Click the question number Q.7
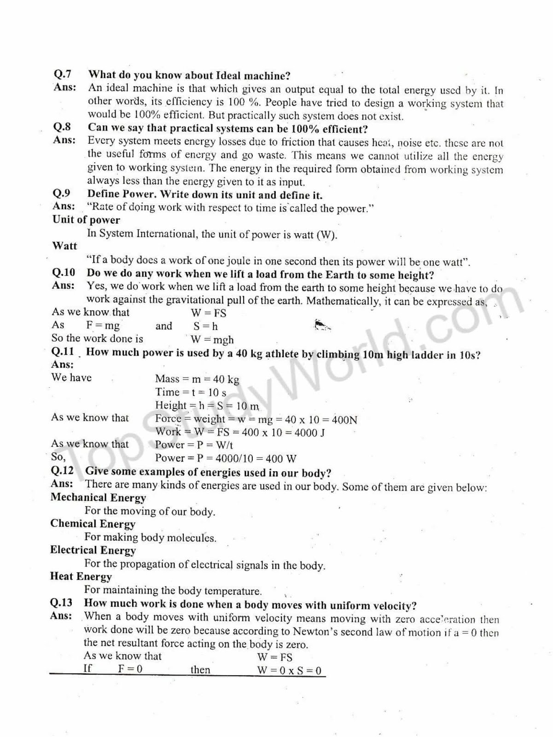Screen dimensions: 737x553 [x=63, y=74]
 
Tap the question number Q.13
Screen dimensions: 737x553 [x=61, y=602]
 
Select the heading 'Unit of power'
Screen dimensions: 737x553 [x=86, y=220]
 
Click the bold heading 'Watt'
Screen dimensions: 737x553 [x=64, y=246]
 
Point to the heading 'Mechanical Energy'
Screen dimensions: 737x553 [x=98, y=497]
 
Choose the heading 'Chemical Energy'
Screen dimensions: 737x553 [x=93, y=524]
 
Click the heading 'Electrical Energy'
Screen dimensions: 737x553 [x=93, y=550]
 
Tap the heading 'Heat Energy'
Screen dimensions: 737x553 [x=81, y=576]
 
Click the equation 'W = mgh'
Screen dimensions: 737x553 [x=212, y=339]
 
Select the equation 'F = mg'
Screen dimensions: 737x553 [x=103, y=326]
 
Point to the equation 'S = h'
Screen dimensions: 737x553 [x=205, y=326]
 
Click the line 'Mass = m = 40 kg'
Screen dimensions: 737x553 [x=197, y=379]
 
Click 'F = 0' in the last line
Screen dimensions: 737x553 [x=130, y=669]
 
